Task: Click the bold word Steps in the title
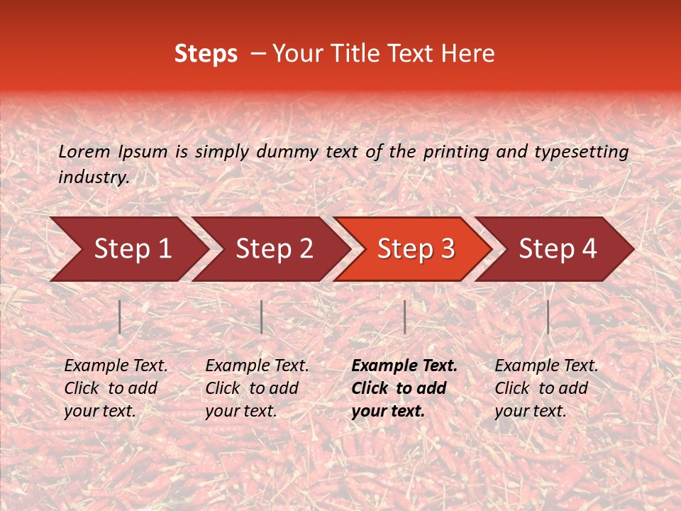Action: (206, 54)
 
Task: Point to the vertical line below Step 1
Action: (120, 317)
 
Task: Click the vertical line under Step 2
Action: (262, 317)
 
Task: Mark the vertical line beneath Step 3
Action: (405, 317)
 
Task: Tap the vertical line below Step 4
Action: (548, 317)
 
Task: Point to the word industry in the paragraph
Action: (93, 177)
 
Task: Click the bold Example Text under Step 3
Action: (404, 366)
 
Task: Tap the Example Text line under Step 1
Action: (116, 366)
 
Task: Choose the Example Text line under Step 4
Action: (546, 366)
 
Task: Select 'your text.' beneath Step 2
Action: (240, 411)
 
